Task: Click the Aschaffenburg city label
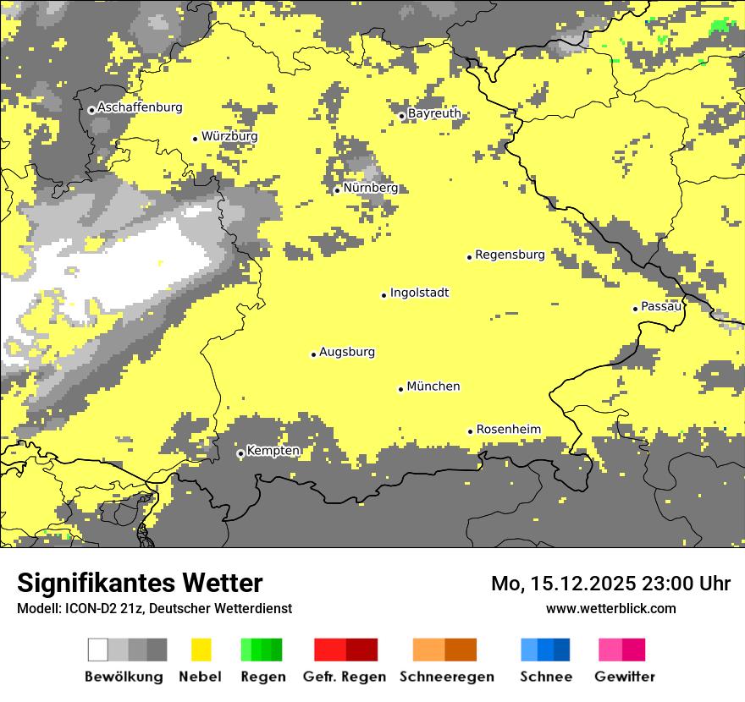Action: point(140,107)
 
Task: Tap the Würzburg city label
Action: point(229,136)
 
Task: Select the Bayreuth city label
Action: point(434,113)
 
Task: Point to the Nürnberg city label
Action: point(371,188)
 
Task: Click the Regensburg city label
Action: point(510,255)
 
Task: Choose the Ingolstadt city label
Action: point(419,293)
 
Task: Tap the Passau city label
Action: point(661,306)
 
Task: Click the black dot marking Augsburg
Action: point(313,354)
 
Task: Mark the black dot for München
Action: point(401,389)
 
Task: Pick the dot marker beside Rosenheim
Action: point(471,431)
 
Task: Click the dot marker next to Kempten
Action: point(240,453)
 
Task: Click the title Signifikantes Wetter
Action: point(140,584)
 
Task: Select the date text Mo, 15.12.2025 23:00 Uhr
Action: point(610,584)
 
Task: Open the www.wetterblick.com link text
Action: point(610,608)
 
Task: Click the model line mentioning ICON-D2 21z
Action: point(154,608)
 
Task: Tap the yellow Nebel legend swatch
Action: point(201,650)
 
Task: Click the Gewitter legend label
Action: point(624,677)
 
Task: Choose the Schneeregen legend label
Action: point(446,677)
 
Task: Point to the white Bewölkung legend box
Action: point(98,650)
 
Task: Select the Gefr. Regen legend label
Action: point(345,677)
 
